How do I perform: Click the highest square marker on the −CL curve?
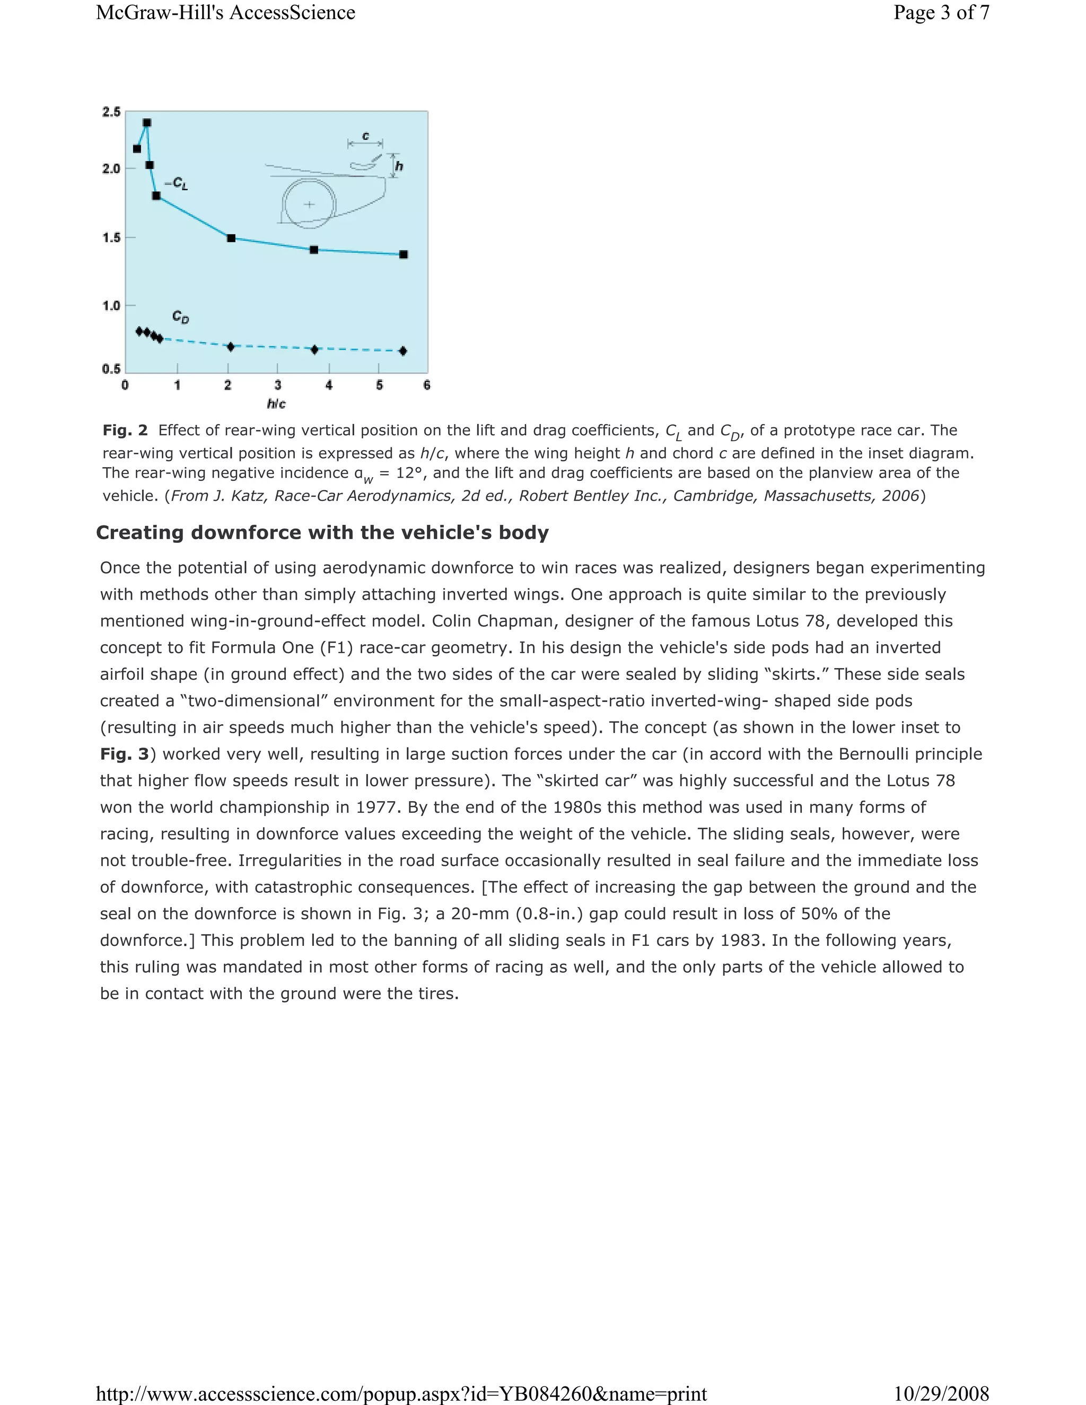click(147, 123)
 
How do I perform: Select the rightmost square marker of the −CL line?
click(404, 254)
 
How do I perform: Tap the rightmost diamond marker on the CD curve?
click(403, 350)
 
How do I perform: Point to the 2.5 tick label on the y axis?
click(111, 112)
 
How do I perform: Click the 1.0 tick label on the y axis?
click(111, 305)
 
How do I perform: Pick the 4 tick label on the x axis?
click(329, 385)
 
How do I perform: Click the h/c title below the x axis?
click(276, 404)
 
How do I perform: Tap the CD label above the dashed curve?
click(181, 317)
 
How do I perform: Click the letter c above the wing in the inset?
click(365, 136)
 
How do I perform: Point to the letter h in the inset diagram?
click(399, 166)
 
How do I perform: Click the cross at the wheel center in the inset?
click(310, 205)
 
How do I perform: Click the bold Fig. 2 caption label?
click(125, 431)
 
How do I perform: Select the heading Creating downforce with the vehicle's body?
click(322, 533)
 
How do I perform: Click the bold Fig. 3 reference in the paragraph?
click(124, 754)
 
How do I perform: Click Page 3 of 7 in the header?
click(941, 13)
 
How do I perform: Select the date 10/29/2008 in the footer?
click(941, 1393)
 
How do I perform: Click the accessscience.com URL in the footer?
click(401, 1393)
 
